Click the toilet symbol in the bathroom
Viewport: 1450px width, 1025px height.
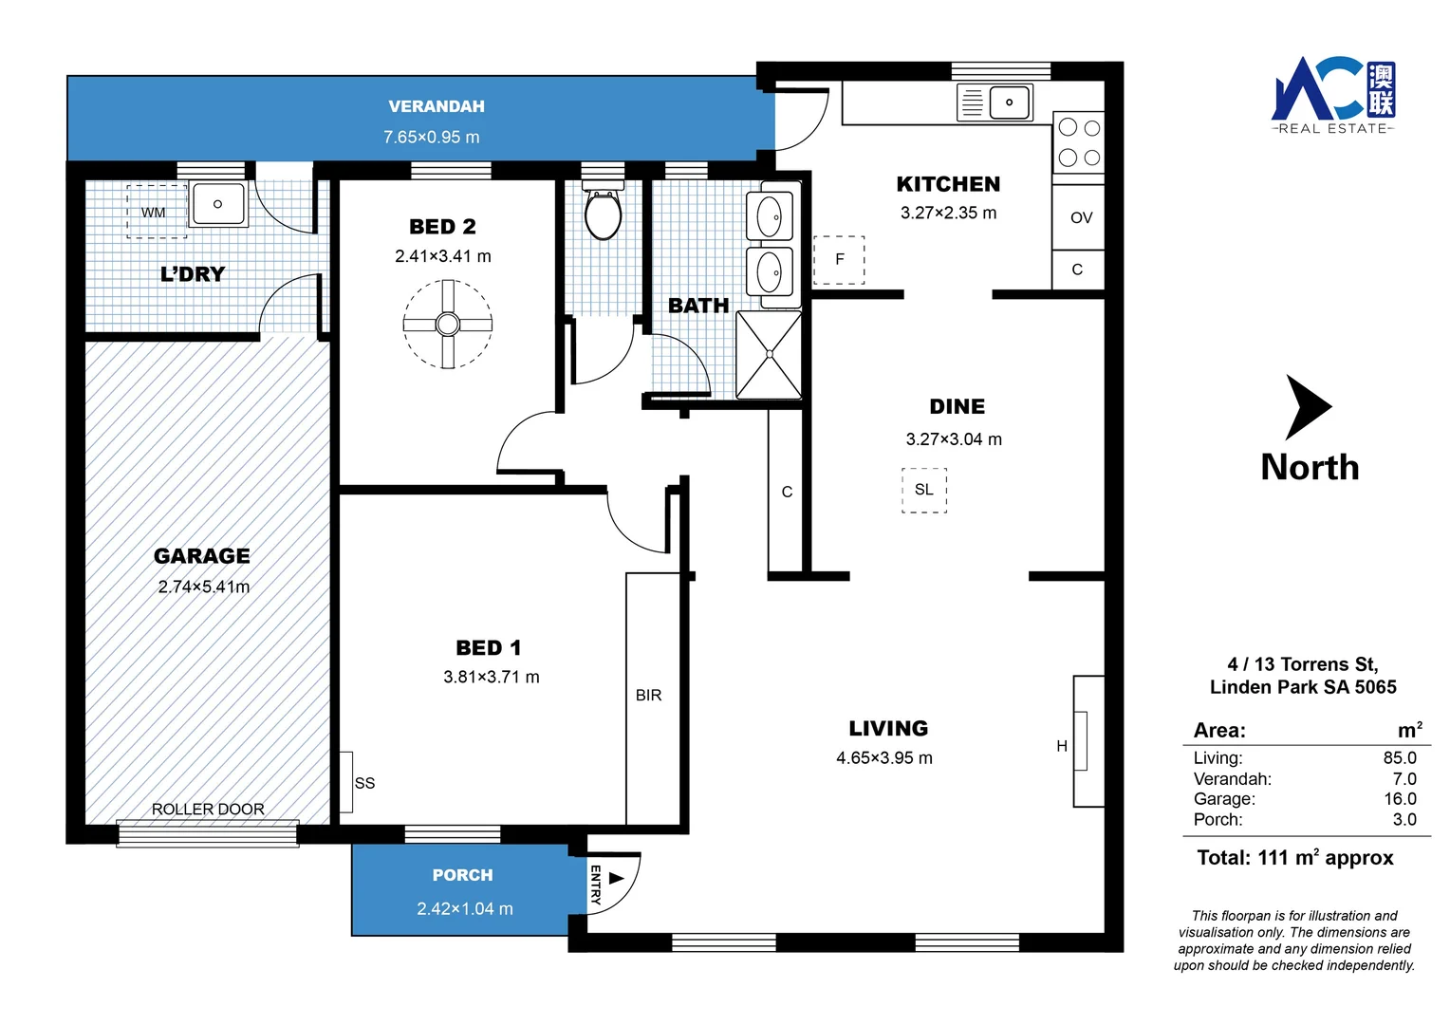coord(603,214)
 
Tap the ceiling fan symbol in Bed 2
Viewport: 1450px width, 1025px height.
coord(447,325)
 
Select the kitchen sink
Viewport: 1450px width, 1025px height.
coord(1009,102)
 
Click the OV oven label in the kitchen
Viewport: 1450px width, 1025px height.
coord(1081,218)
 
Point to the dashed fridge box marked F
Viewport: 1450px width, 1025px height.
coord(839,260)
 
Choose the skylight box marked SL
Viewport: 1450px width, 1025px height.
coord(923,490)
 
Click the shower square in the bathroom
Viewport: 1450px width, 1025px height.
coord(769,354)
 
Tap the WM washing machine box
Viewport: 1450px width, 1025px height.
coord(155,212)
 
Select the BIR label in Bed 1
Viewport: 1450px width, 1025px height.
coord(648,696)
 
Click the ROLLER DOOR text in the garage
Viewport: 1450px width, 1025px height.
coord(208,810)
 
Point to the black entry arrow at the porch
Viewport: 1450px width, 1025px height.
coord(617,878)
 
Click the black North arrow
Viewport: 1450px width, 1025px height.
coord(1307,407)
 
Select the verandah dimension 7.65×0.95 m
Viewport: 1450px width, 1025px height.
coord(432,138)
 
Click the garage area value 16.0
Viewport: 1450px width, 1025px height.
coord(1400,799)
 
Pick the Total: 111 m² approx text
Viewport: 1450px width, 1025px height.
coord(1294,858)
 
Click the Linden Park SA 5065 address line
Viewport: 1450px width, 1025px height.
coord(1302,687)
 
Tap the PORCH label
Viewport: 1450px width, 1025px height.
coord(462,875)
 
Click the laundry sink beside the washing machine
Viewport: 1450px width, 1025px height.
coord(218,204)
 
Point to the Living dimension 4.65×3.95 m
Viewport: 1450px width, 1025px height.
coord(883,758)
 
